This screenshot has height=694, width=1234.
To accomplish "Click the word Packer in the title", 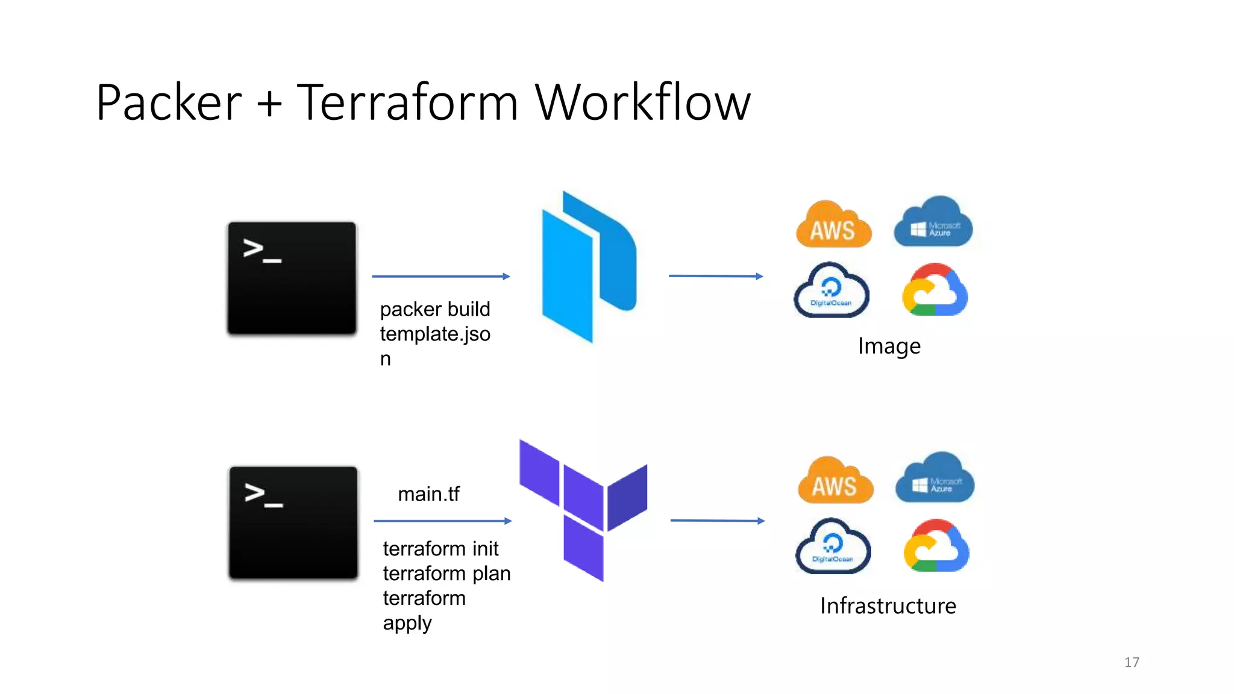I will (169, 102).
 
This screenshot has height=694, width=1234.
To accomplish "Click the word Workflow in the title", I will (642, 102).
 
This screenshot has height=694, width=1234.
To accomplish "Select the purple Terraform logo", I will (583, 509).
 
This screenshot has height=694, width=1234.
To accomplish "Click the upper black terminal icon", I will (292, 278).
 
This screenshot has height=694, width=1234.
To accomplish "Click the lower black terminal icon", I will (293, 522).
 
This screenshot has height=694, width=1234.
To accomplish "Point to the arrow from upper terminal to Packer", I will (440, 277).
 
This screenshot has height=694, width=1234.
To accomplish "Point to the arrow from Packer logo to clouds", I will (715, 276).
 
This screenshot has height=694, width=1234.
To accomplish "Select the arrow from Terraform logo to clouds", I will (717, 520).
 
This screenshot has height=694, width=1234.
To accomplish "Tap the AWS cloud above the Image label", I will (833, 226).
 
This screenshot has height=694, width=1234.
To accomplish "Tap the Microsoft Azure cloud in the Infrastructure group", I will (935, 479).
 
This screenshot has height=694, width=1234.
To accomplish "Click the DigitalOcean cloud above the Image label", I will (832, 291).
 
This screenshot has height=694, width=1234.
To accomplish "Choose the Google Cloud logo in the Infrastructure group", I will (936, 546).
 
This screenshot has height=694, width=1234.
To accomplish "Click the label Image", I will (889, 346).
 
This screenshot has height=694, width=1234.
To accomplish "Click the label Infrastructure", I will (888, 606).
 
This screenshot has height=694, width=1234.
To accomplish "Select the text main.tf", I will (428, 494).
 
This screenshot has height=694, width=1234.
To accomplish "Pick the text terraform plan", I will (446, 574).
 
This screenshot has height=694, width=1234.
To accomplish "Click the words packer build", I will (435, 310).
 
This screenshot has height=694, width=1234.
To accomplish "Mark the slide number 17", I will (1132, 663).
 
